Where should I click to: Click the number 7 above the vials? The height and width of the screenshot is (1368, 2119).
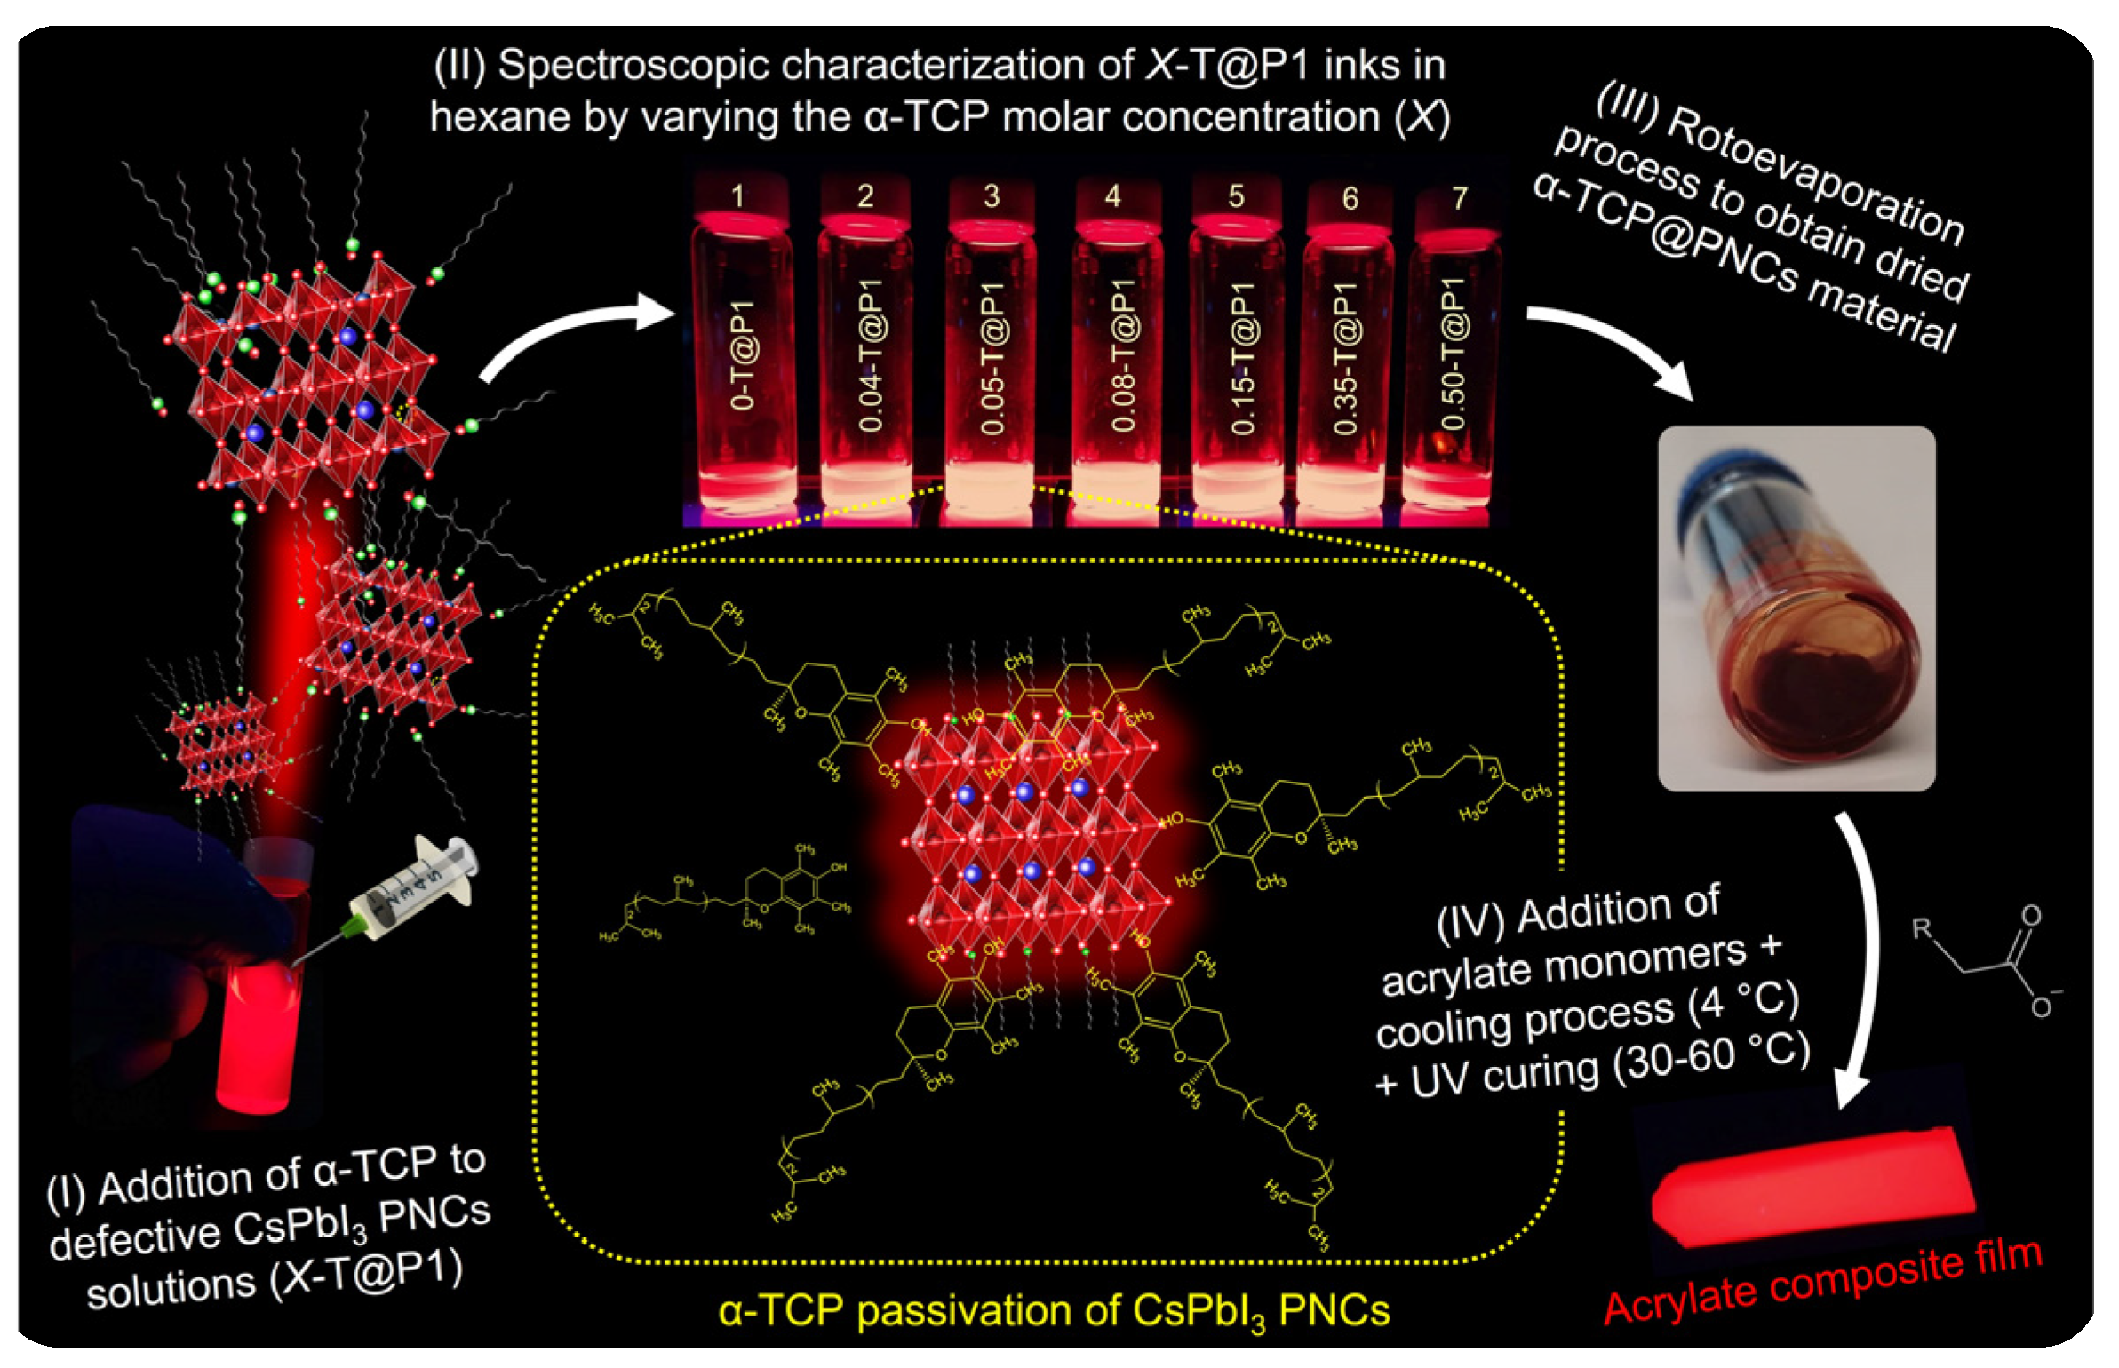pyautogui.click(x=1460, y=197)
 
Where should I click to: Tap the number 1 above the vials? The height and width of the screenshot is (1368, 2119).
pyautogui.click(x=737, y=195)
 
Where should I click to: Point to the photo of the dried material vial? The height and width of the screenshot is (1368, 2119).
pyautogui.click(x=1796, y=608)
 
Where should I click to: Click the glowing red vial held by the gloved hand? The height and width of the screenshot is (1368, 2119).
pyautogui.click(x=258, y=1022)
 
